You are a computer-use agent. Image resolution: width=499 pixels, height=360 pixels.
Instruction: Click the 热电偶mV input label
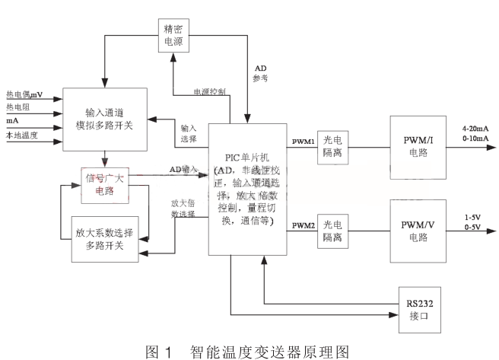coord(24,94)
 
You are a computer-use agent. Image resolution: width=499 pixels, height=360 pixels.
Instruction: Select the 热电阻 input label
coord(20,108)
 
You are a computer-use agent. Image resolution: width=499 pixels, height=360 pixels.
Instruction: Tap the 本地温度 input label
coord(23,135)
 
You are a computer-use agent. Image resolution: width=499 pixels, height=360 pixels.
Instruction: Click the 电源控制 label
coord(208,91)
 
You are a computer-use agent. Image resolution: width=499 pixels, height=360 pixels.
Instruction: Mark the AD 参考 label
coord(260,72)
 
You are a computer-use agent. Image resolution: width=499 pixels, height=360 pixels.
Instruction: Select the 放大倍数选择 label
coord(183,209)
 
